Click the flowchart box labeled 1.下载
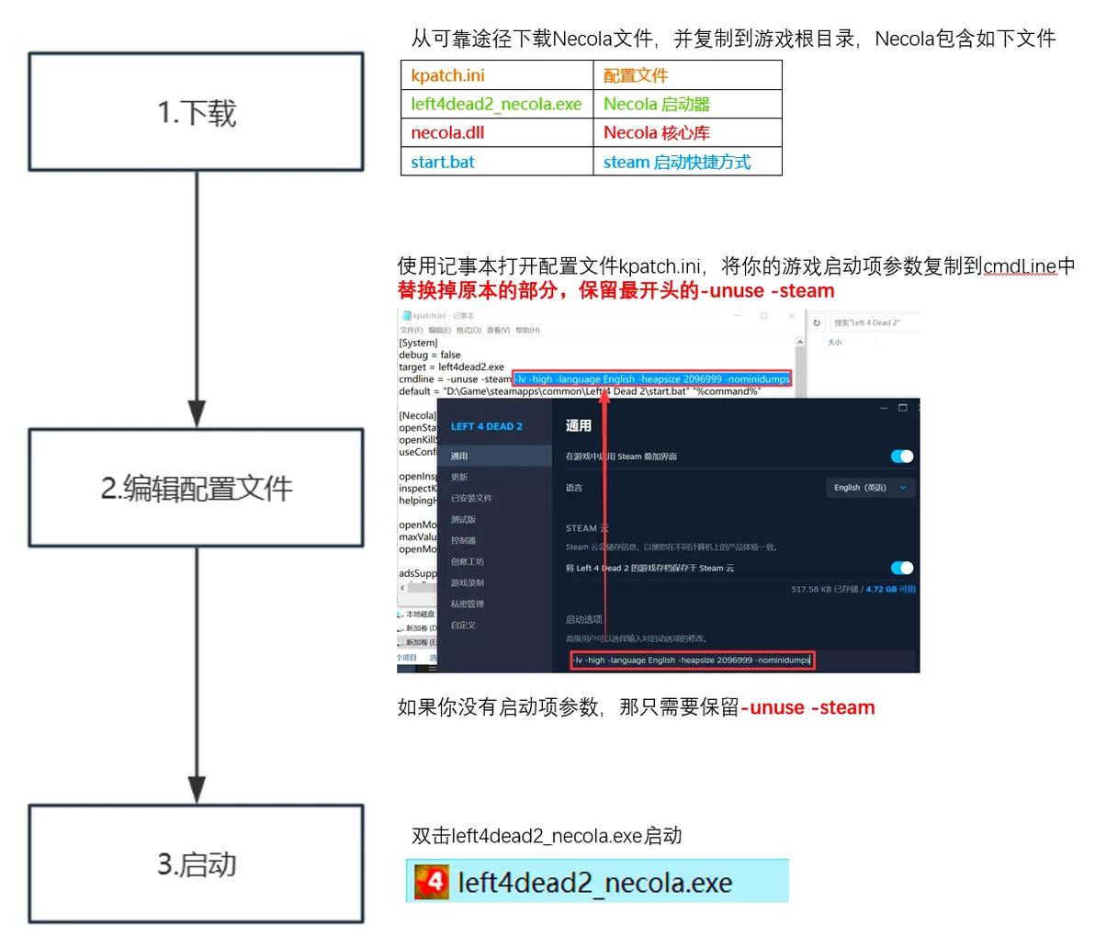click(196, 112)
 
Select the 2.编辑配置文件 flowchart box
click(196, 488)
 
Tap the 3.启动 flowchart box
click(196, 863)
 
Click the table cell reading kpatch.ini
click(497, 75)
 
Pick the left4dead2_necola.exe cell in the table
click(497, 104)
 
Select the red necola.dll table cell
click(497, 132)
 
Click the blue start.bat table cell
click(497, 162)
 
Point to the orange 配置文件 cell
click(687, 75)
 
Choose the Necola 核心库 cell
click(687, 132)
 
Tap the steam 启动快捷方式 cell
click(687, 162)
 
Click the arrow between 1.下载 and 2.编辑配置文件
click(197, 299)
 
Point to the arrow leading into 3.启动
click(197, 675)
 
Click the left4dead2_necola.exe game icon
click(432, 882)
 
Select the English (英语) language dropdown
click(869, 488)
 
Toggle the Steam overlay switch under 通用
click(902, 457)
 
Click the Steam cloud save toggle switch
click(902, 568)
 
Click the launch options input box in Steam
click(692, 660)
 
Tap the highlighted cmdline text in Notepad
click(652, 378)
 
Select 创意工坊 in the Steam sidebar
click(467, 561)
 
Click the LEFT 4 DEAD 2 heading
click(486, 426)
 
